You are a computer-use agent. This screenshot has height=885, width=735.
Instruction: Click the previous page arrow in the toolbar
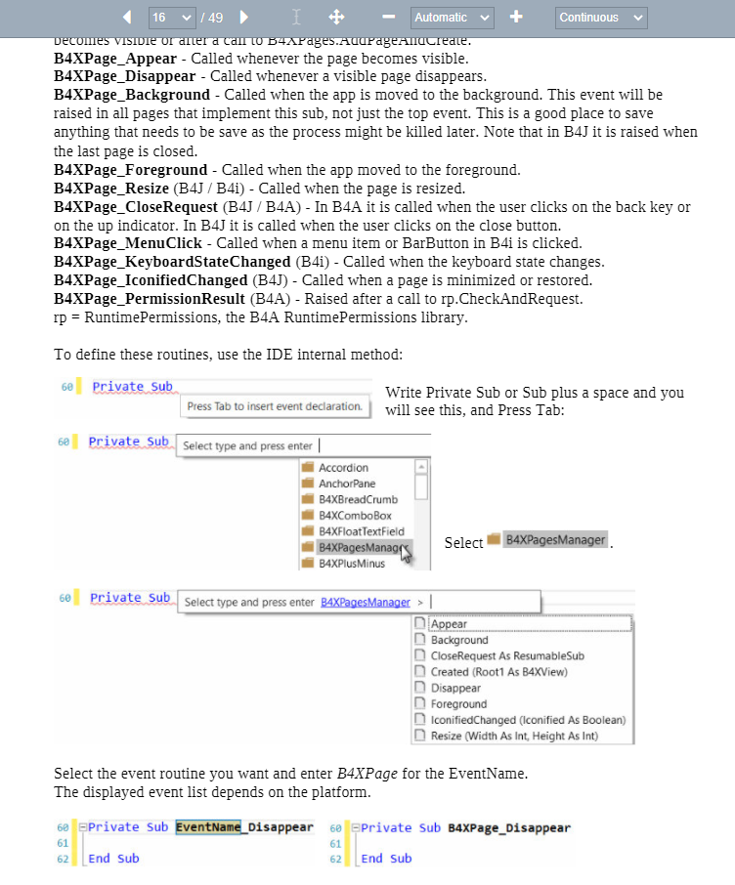click(127, 18)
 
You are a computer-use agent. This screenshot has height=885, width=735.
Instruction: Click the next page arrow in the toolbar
click(244, 18)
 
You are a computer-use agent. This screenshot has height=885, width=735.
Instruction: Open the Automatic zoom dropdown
click(452, 18)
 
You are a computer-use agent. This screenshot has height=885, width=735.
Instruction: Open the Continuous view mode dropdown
click(601, 18)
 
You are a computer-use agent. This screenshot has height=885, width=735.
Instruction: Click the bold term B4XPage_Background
click(132, 95)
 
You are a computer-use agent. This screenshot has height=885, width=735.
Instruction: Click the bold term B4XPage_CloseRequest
click(136, 207)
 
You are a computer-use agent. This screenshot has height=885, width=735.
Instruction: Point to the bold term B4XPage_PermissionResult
click(150, 299)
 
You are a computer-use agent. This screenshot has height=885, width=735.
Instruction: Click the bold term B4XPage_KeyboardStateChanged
click(172, 262)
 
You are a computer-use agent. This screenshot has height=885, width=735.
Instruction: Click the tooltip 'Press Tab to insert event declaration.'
click(275, 406)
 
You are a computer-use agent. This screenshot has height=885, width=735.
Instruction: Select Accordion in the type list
click(343, 468)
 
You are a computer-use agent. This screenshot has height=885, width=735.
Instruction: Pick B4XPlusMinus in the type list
click(352, 564)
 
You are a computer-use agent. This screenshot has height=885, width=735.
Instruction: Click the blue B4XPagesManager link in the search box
click(365, 603)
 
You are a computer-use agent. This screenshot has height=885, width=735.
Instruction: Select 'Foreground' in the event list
click(458, 704)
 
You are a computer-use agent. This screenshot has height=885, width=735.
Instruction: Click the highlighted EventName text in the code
click(208, 827)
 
